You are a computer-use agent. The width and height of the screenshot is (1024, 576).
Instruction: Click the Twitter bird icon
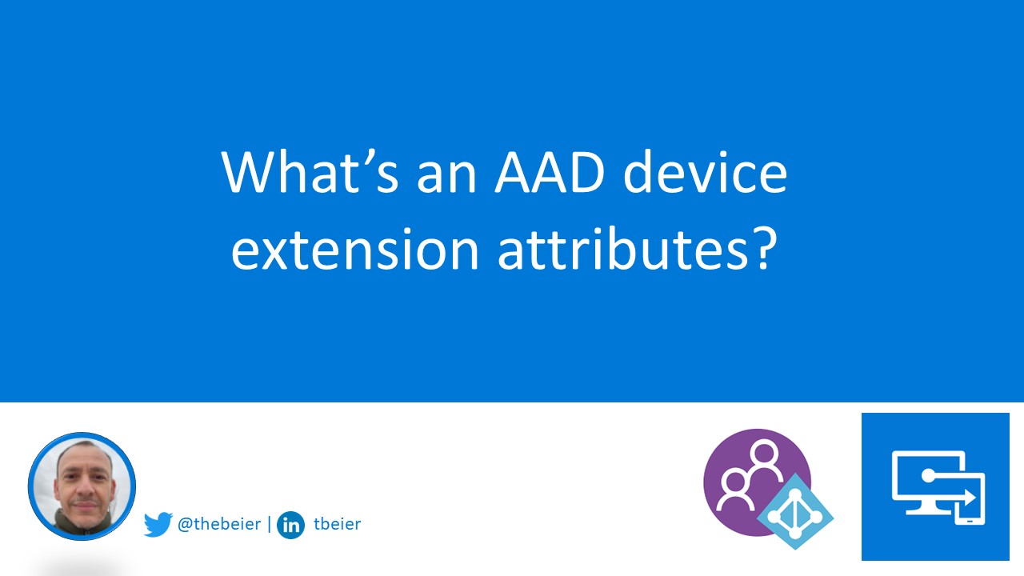point(158,525)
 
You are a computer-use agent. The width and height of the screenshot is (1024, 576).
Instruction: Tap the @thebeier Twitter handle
point(218,525)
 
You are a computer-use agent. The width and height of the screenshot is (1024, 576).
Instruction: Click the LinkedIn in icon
point(290,526)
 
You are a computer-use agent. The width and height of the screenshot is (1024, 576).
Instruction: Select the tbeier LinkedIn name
point(338,525)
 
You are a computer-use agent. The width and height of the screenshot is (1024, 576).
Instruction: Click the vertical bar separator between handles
point(269,525)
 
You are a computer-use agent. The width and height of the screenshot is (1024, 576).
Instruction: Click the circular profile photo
point(82,486)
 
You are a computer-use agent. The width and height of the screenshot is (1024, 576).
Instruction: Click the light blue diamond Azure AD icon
point(794,511)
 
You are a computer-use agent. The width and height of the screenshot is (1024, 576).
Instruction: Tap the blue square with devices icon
point(935,486)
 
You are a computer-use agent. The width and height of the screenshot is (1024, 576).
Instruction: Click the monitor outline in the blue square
point(920,480)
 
